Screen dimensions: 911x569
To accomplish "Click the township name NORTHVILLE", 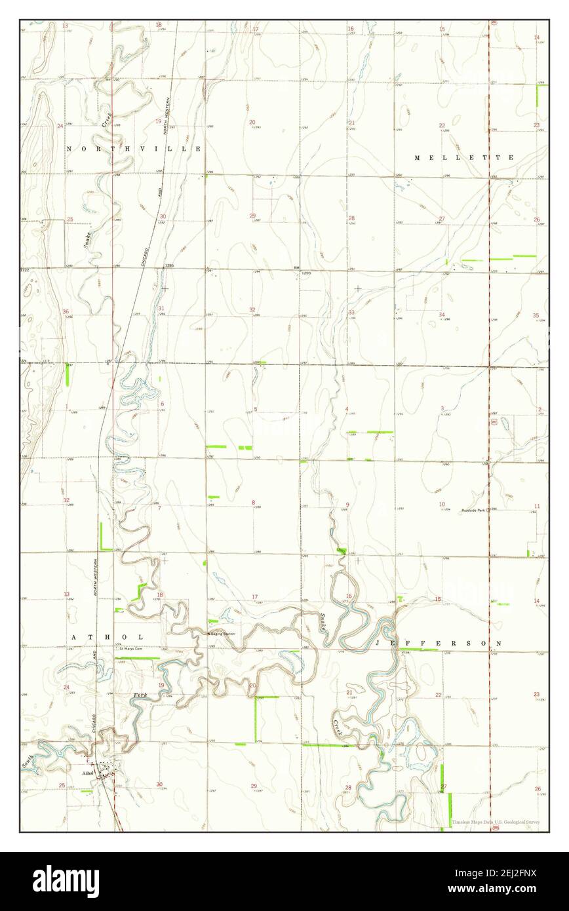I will point(134,149).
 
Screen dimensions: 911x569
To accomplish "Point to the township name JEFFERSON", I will point(439,644).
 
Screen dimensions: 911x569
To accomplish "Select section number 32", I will point(252,309).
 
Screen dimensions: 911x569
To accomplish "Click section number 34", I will point(442,315).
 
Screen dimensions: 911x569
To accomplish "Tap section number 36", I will point(65,311).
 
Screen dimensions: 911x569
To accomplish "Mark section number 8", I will point(253,503).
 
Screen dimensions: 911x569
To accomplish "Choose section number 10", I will point(442,504).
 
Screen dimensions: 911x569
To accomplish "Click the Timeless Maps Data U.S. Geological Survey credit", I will point(496,822).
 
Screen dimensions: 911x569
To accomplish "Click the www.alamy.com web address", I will point(496,889).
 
